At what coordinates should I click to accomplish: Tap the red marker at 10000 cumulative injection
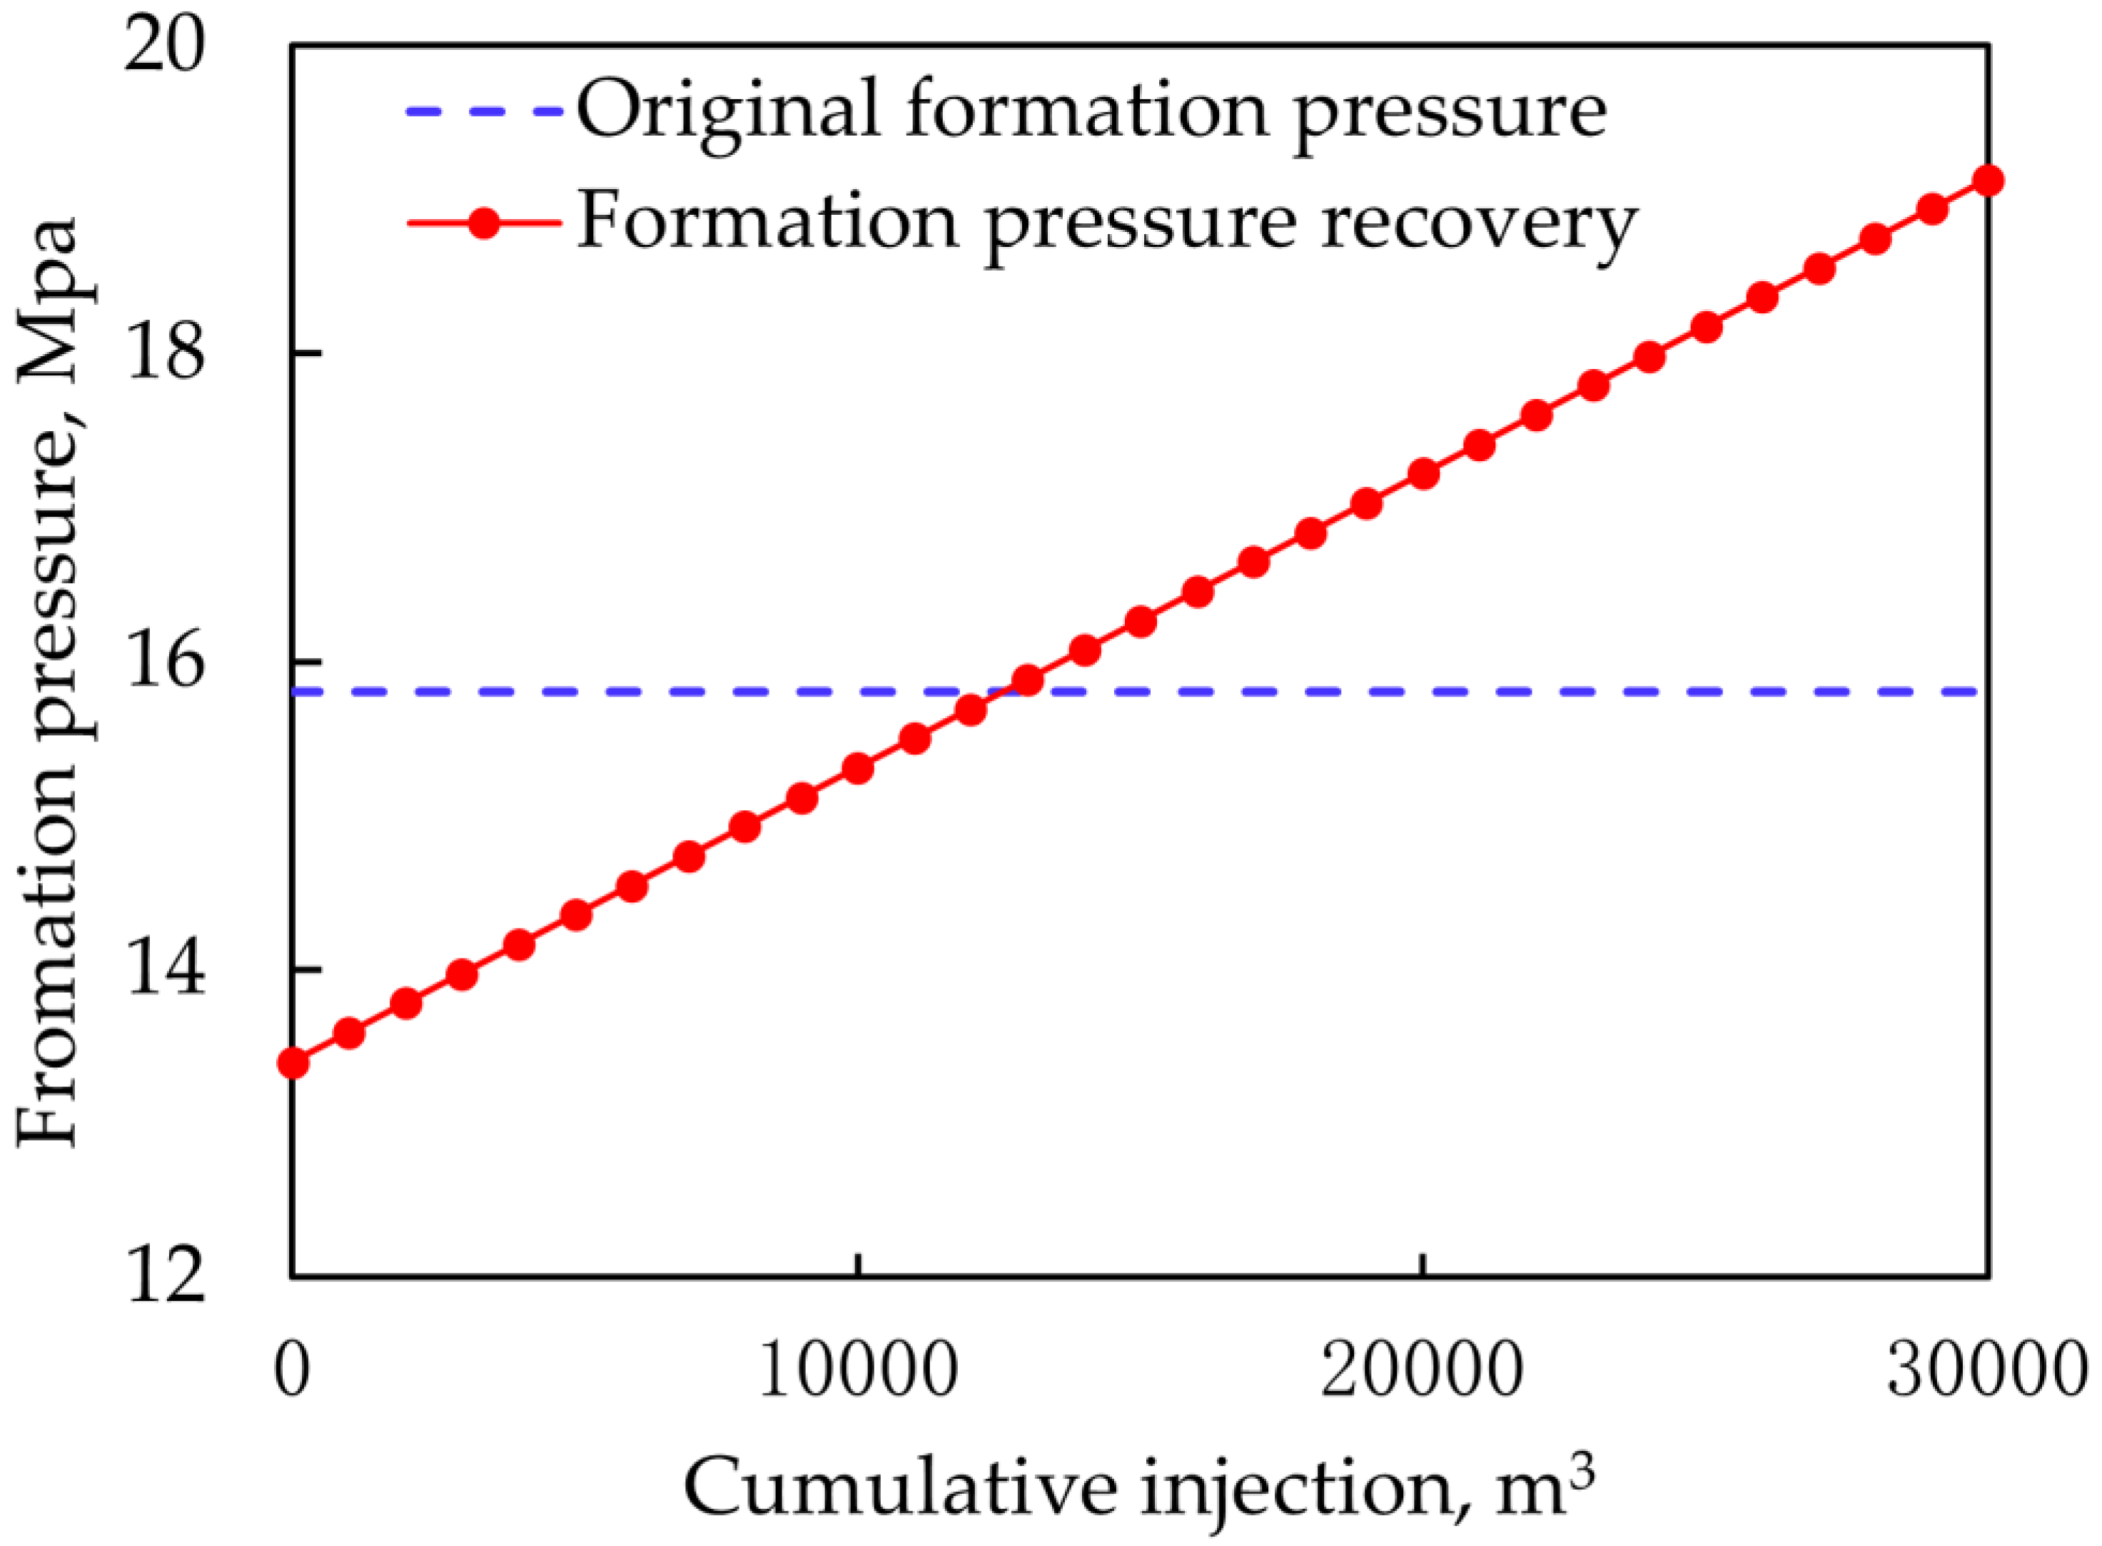coord(858,769)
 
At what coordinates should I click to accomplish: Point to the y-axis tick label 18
coord(165,354)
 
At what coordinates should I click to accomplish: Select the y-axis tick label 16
coord(165,662)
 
